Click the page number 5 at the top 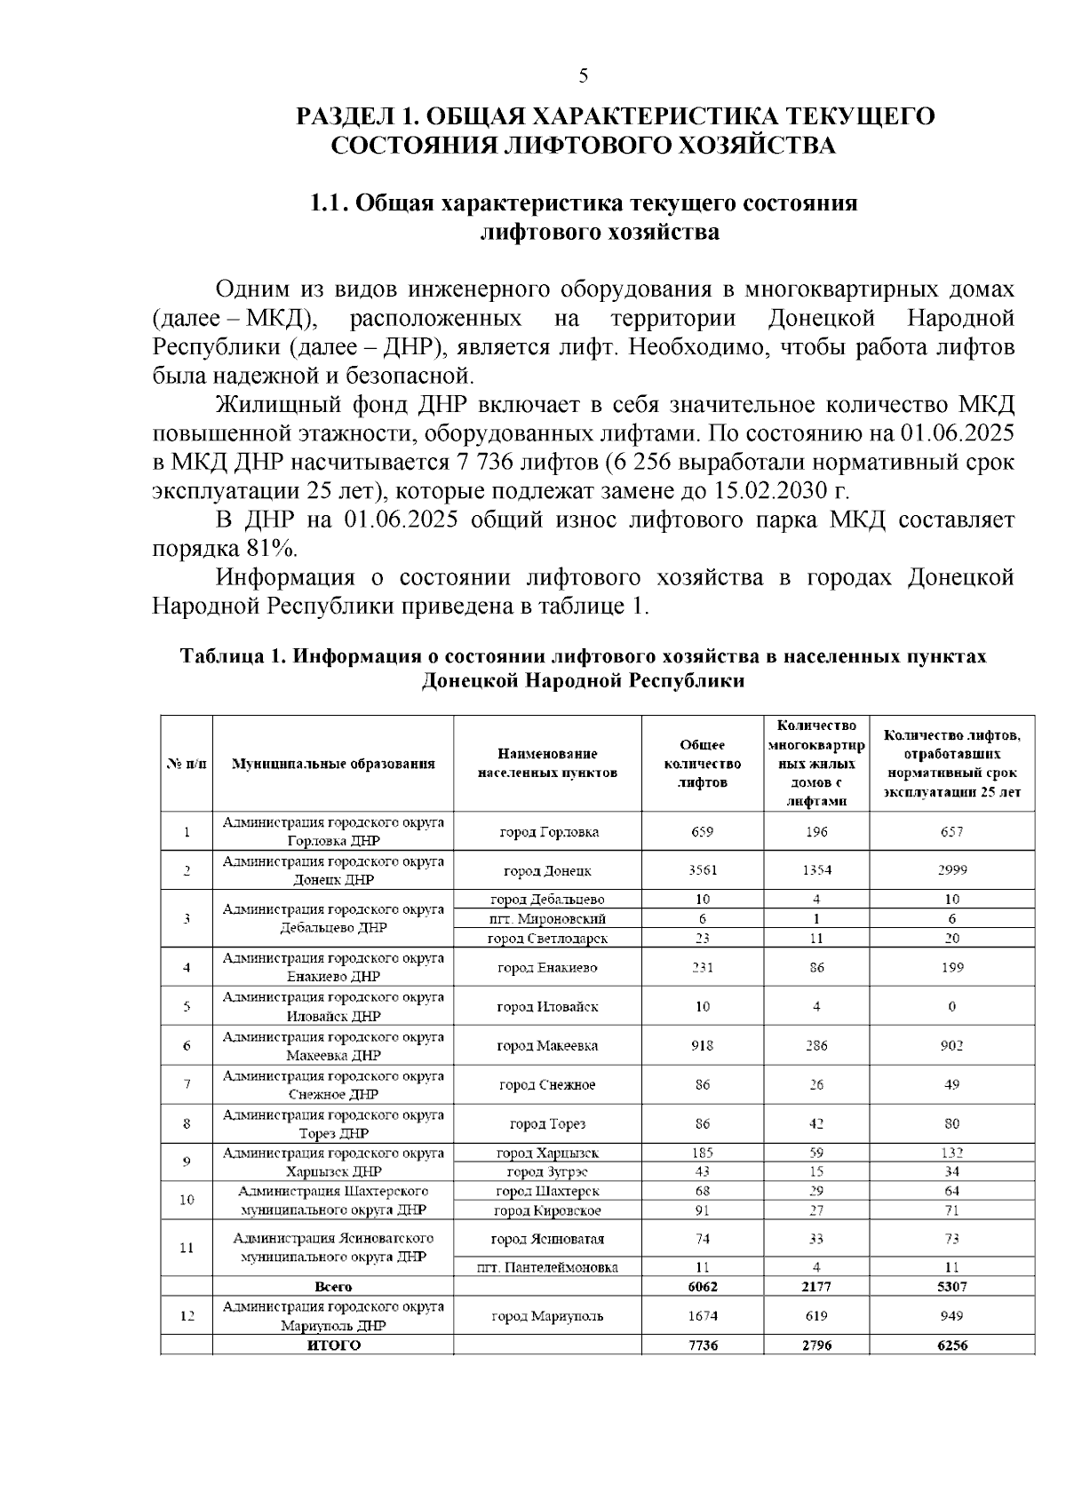[x=583, y=75]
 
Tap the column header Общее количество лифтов [x=702, y=763]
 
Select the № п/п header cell [x=187, y=763]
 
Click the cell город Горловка [x=548, y=832]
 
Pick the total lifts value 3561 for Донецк [x=702, y=870]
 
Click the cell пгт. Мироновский [x=548, y=918]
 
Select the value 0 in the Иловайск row [x=951, y=1006]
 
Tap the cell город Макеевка [x=548, y=1045]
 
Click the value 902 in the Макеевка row [x=951, y=1045]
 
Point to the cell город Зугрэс [x=548, y=1171]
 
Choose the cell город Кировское [x=548, y=1210]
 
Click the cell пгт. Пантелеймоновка [x=548, y=1267]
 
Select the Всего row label [x=333, y=1286]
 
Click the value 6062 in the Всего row [x=702, y=1286]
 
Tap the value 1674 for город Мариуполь [x=702, y=1315]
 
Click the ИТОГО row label [x=333, y=1345]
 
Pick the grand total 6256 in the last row [x=951, y=1345]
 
